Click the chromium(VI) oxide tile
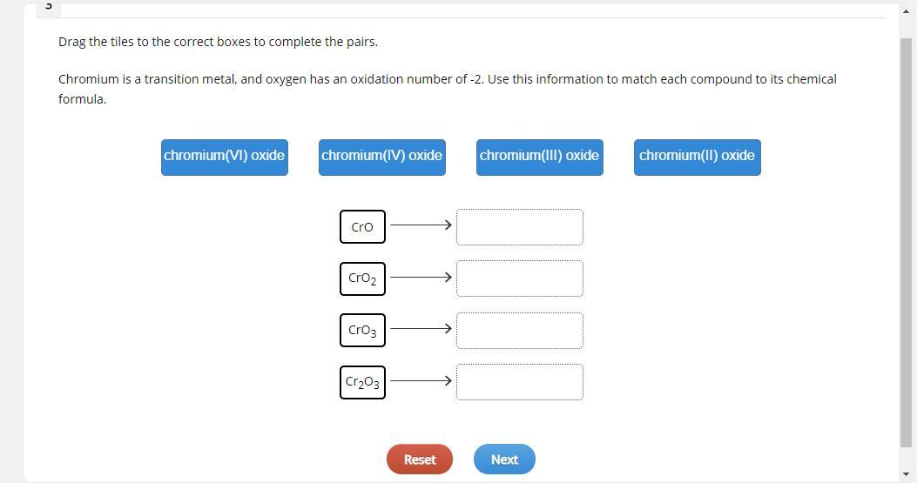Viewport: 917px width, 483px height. click(224, 157)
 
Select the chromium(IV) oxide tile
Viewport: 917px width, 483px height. click(381, 157)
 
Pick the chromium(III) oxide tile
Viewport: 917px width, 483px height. click(539, 157)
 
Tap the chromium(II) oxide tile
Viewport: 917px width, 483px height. click(697, 157)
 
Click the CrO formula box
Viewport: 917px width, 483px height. click(362, 226)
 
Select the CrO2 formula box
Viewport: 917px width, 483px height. click(362, 278)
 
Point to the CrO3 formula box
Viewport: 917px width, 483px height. click(362, 330)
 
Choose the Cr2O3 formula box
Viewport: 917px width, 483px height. click(362, 382)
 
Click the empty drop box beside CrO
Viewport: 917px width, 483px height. click(519, 227)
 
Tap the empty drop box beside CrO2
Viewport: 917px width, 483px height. click(519, 278)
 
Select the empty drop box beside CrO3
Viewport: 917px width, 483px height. click(519, 331)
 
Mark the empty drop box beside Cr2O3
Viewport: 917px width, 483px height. click(519, 382)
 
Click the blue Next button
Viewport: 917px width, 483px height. click(504, 460)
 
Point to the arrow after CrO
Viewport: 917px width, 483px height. click(421, 225)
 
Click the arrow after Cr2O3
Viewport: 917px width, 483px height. click(421, 381)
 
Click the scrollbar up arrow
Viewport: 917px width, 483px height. click(906, 10)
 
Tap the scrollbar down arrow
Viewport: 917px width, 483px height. click(906, 473)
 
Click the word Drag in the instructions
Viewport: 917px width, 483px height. click(71, 42)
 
